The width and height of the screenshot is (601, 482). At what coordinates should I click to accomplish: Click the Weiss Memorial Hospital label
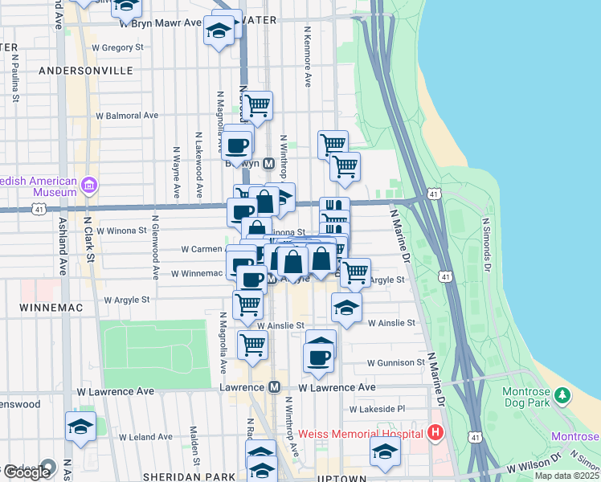(x=361, y=434)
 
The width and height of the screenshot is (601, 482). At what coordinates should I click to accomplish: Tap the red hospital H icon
(x=435, y=434)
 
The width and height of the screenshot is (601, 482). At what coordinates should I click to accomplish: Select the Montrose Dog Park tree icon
(x=563, y=395)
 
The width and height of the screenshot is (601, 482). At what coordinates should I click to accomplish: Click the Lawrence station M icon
(x=274, y=387)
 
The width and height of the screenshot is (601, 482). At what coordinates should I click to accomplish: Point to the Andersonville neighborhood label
(x=86, y=71)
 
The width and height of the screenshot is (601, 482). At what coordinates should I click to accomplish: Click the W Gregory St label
(x=117, y=48)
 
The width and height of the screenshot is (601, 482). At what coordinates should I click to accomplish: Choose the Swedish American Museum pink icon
(x=88, y=186)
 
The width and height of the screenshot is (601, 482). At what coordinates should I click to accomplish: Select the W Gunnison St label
(x=396, y=363)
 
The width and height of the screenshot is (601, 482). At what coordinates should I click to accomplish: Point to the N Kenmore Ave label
(x=307, y=56)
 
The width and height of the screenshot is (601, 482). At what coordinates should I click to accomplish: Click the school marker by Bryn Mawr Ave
(x=218, y=31)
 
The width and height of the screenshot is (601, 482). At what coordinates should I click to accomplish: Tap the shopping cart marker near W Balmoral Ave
(x=257, y=104)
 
